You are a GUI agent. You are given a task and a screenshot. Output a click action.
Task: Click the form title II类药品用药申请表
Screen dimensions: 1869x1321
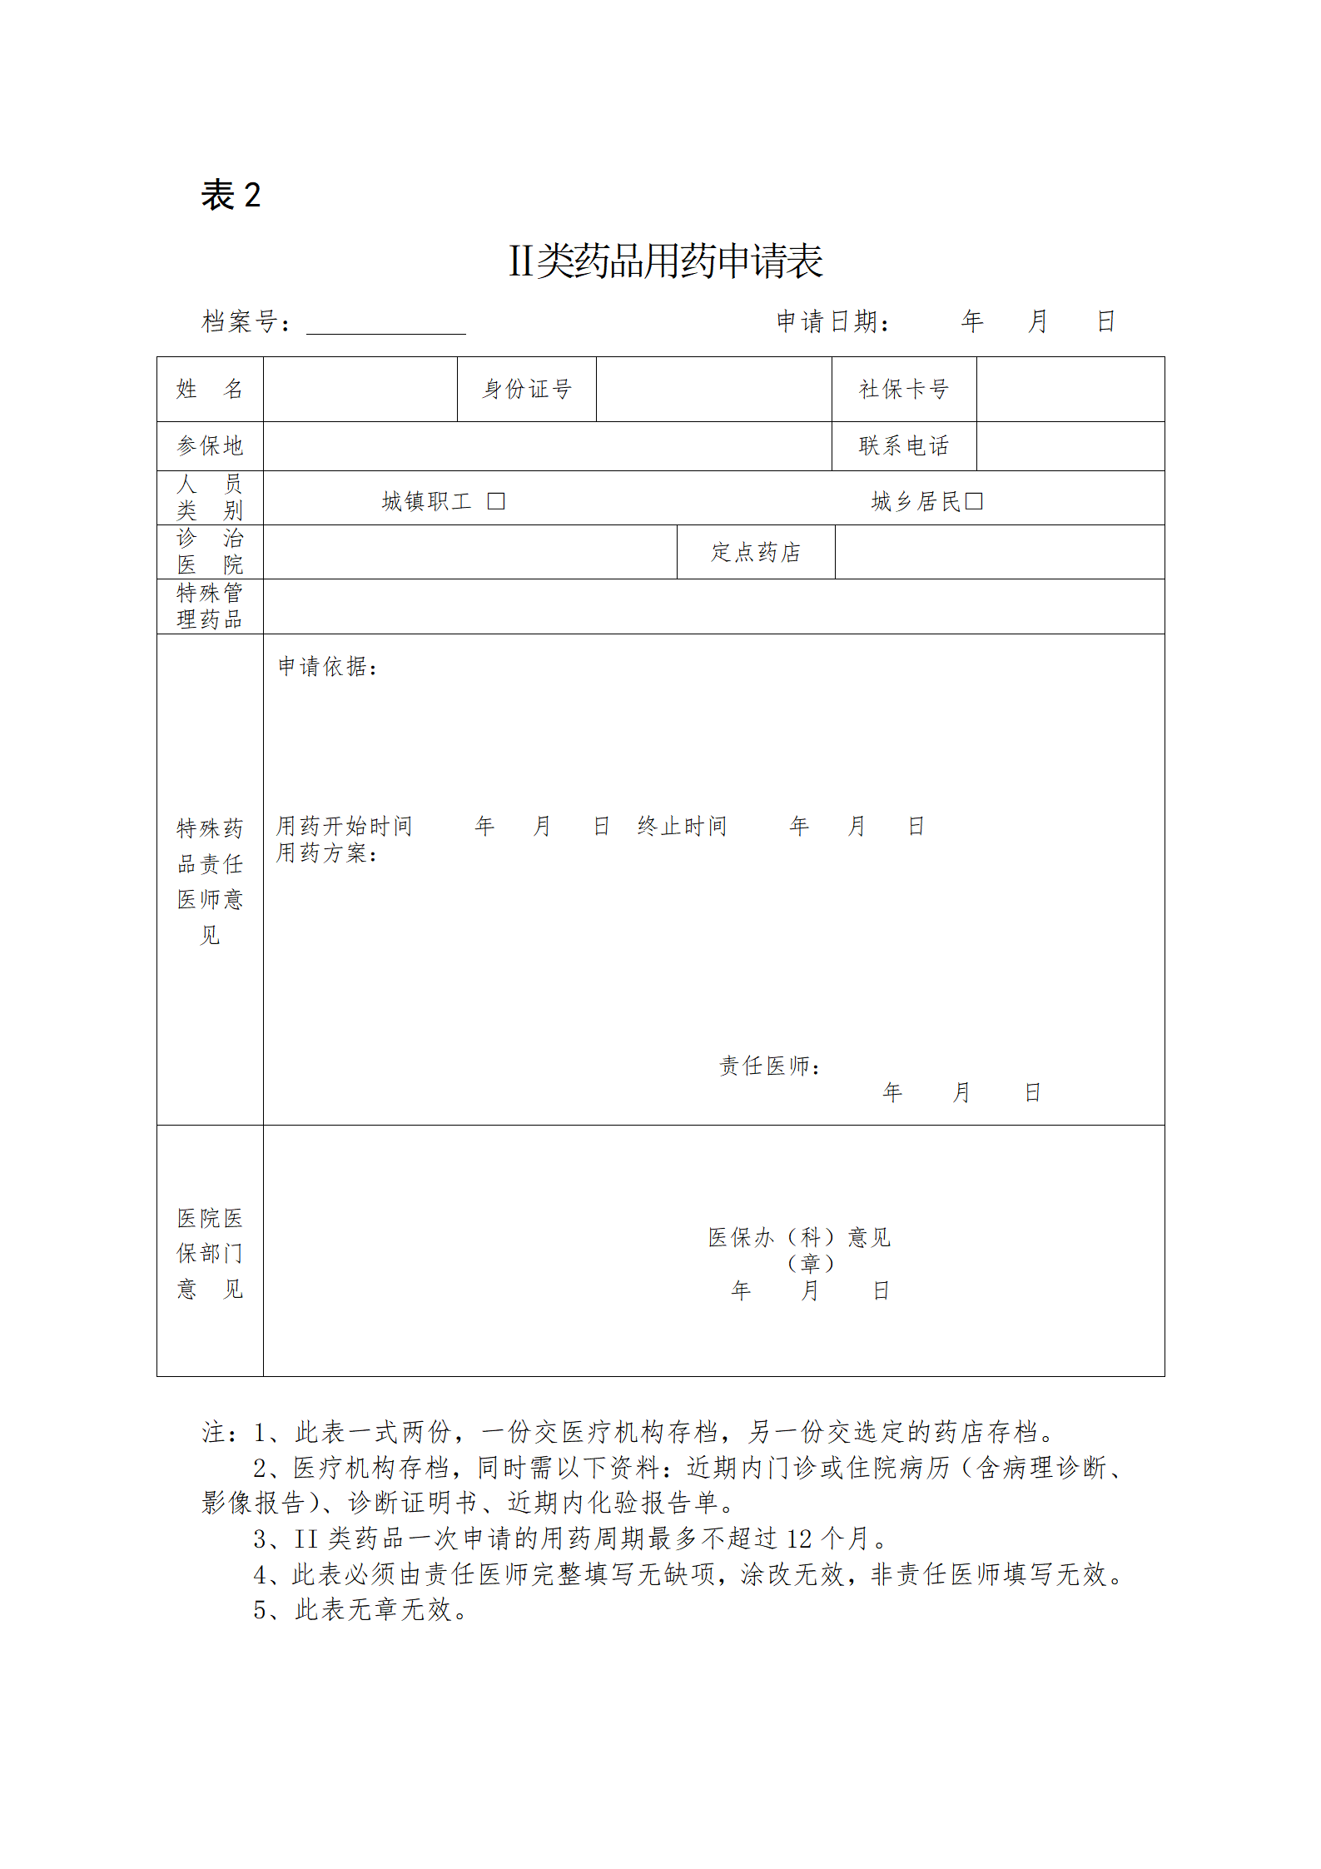(665, 261)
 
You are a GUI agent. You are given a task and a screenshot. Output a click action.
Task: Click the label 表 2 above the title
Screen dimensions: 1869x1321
(231, 196)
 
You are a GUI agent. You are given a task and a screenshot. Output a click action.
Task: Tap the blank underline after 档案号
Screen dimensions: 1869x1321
(385, 323)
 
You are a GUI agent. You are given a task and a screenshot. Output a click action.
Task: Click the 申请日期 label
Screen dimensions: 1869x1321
(832, 321)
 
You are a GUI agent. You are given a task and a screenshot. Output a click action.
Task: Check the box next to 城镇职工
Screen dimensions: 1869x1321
(496, 501)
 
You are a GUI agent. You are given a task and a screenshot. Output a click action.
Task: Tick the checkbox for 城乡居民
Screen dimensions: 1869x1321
(973, 501)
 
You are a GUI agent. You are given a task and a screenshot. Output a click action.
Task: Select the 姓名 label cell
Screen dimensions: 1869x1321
(210, 389)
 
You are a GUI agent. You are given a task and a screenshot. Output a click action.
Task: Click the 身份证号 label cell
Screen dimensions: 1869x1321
(527, 389)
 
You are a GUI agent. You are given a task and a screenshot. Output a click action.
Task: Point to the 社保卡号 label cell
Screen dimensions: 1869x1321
(903, 389)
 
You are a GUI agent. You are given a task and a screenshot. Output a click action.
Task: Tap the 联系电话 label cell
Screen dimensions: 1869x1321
(903, 446)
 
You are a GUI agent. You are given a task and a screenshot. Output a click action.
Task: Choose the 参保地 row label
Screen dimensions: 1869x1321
(210, 446)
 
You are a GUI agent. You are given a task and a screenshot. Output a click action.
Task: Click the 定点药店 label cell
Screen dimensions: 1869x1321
(755, 552)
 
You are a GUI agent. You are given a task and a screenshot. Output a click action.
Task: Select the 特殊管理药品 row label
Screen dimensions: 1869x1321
(210, 606)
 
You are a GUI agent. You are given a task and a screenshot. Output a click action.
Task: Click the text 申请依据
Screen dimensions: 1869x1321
(327, 666)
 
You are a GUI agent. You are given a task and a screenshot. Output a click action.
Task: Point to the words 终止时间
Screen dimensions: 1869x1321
(682, 826)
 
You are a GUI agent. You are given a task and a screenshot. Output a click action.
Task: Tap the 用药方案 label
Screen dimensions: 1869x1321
(326, 852)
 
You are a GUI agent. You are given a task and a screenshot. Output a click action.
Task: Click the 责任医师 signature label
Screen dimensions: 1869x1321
(770, 1066)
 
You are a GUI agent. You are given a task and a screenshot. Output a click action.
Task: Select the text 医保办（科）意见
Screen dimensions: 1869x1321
(799, 1237)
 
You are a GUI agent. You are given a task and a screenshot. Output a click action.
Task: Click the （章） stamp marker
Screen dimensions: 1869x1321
(810, 1264)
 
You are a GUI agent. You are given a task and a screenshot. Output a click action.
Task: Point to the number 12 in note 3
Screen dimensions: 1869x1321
(799, 1538)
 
